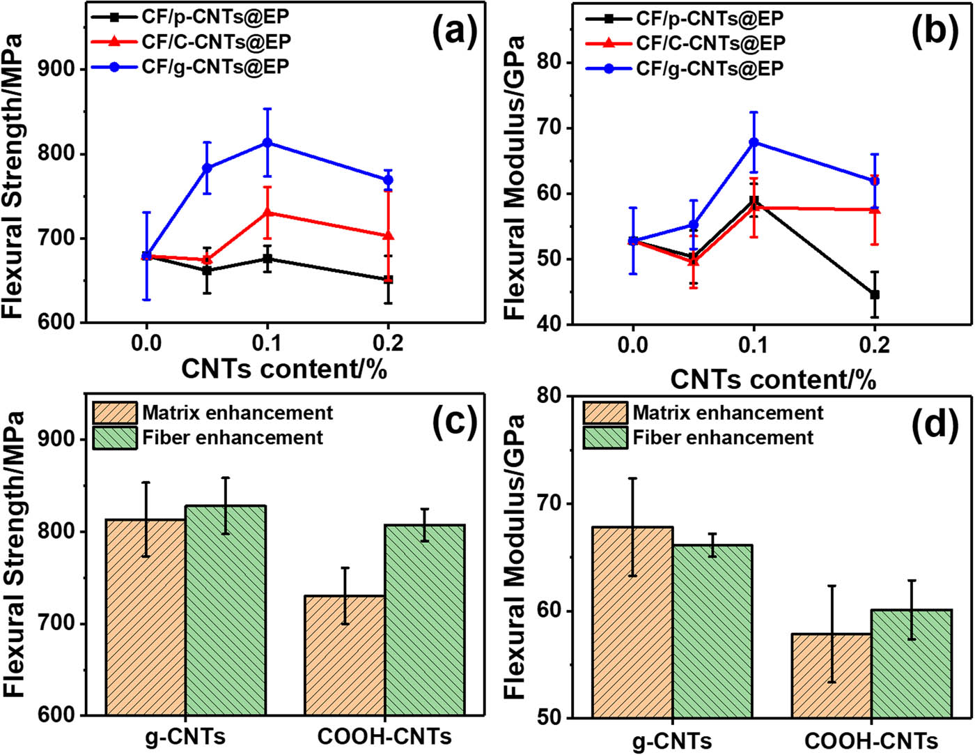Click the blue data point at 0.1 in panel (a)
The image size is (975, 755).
point(267,143)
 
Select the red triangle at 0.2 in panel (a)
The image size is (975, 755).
point(389,236)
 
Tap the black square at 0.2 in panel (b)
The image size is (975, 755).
point(875,295)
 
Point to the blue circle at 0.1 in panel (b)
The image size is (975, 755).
point(754,142)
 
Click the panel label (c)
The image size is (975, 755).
point(454,422)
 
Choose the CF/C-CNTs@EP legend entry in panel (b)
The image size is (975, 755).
point(710,43)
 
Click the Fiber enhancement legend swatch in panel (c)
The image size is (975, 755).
point(115,438)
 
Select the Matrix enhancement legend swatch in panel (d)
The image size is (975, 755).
point(605,413)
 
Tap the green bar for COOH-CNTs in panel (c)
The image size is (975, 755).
point(425,620)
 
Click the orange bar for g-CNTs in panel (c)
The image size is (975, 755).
point(146,617)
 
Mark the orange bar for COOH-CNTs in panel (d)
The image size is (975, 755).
point(832,676)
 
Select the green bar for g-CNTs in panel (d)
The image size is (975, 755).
point(712,631)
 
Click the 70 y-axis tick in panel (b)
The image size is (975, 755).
point(554,128)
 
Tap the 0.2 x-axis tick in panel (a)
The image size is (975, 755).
point(388,342)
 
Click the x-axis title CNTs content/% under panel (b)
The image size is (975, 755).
point(773,380)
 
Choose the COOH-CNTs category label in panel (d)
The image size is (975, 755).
point(871,740)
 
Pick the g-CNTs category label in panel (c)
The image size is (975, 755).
point(185,737)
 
